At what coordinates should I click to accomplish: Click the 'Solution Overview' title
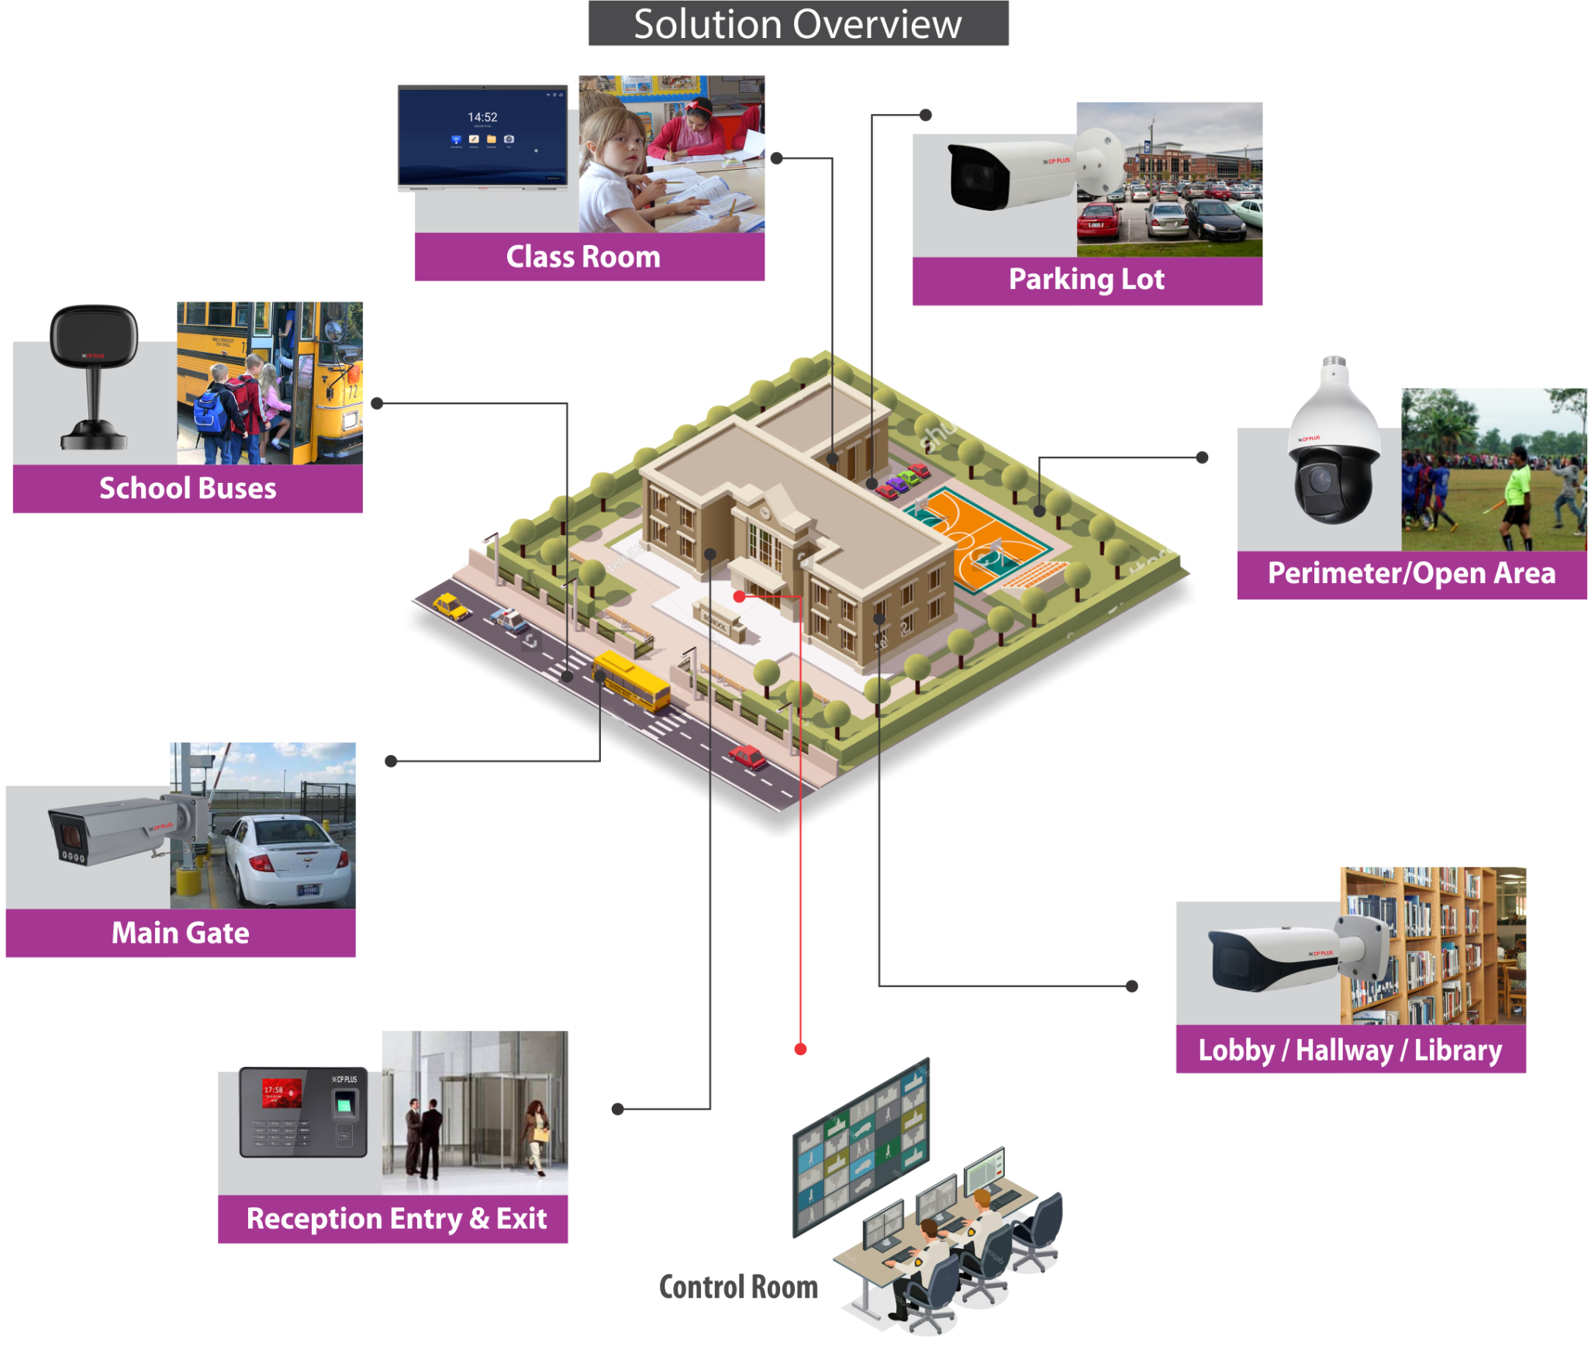[798, 24]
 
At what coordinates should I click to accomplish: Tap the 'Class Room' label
[583, 257]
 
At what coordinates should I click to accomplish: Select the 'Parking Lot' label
[1086, 279]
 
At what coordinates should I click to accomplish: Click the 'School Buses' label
[188, 488]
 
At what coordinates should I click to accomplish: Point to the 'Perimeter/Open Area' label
[1411, 573]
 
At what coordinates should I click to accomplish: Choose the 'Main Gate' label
[180, 933]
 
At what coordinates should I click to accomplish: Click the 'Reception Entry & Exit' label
[396, 1219]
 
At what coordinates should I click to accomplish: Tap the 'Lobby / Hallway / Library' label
[1350, 1051]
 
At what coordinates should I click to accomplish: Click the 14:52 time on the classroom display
[482, 117]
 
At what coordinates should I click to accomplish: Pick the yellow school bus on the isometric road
[631, 680]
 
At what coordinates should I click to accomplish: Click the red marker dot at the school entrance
[740, 596]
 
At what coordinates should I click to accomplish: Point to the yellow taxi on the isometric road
[450, 605]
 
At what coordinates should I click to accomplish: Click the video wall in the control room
[861, 1147]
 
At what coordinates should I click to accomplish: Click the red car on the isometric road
[747, 757]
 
